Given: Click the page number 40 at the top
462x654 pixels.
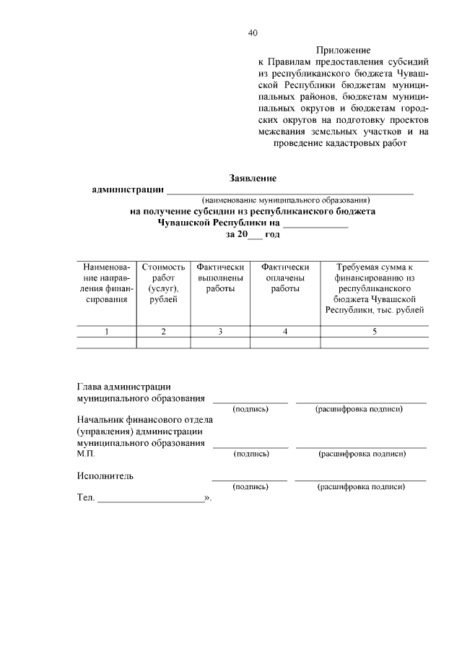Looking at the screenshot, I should click(252, 33).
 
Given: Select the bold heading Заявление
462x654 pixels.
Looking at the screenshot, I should click(253, 178).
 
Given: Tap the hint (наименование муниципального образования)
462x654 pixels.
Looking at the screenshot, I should click(286, 199).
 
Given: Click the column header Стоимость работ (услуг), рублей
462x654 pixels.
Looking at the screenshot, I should click(163, 283).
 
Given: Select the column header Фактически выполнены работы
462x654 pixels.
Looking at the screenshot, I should click(220, 277).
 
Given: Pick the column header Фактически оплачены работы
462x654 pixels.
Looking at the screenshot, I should click(285, 277).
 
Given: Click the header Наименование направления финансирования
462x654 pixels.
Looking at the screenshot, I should click(107, 283).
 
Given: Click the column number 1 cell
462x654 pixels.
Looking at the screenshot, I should click(107, 332).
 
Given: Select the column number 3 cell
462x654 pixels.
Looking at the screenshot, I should click(220, 332).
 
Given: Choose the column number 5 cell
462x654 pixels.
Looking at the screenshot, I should click(374, 332).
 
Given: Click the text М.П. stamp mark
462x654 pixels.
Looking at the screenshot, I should click(86, 454).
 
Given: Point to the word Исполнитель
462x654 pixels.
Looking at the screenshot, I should click(105, 476).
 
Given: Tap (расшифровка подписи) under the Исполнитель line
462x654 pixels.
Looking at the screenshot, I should click(361, 488).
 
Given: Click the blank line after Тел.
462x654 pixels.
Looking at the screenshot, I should click(151, 499).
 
